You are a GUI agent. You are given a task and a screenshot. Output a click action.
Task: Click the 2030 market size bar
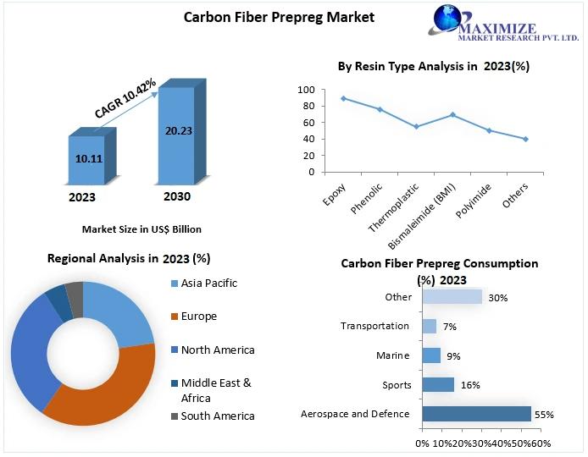tap(176, 135)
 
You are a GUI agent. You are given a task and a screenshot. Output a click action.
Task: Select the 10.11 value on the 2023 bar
tap(88, 158)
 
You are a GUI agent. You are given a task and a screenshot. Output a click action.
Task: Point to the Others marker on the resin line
tap(525, 139)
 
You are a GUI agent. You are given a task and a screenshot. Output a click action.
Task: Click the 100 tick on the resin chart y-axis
tap(306, 90)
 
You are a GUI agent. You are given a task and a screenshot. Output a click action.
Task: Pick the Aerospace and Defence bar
tap(476, 414)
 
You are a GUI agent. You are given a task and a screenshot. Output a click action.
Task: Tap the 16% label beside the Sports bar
tap(470, 385)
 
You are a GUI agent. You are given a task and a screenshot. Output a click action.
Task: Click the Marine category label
tap(393, 355)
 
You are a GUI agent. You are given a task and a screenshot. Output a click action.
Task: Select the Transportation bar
tap(429, 326)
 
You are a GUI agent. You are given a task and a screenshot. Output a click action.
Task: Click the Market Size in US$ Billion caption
tap(141, 229)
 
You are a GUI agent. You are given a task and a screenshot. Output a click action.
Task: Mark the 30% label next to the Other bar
tap(498, 297)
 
